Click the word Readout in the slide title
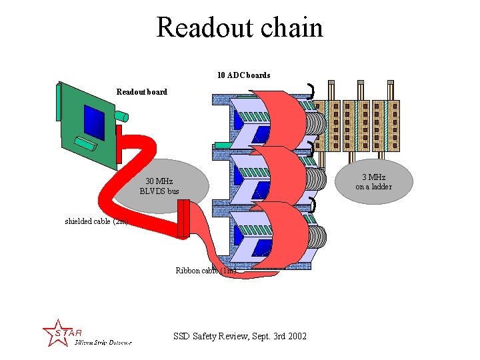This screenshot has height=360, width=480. [x=197, y=28]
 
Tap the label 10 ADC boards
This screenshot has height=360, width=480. [x=243, y=75]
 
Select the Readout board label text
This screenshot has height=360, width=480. [x=141, y=91]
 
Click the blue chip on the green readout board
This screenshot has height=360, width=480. [x=94, y=122]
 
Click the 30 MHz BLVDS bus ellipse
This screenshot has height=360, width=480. [x=159, y=186]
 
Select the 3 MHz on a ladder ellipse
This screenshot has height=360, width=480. [x=373, y=181]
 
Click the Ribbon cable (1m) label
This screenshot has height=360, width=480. [x=205, y=271]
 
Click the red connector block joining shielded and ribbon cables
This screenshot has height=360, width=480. [x=183, y=219]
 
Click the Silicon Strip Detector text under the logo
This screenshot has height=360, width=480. [x=103, y=343]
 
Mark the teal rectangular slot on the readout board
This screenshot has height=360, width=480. [x=85, y=143]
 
